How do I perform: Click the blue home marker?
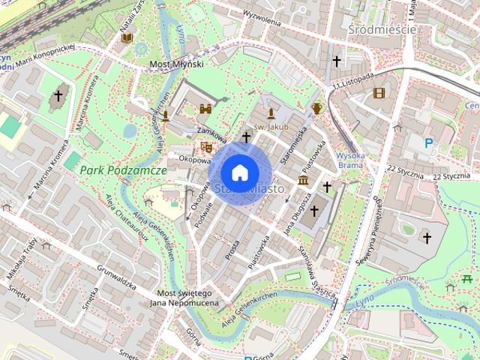239,172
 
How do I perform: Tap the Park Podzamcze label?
123,170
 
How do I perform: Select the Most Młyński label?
176,65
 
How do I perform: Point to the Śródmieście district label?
382,28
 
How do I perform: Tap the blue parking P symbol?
429,142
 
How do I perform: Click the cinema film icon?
379,93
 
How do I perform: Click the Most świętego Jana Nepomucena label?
184,298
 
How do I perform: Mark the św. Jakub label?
270,127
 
